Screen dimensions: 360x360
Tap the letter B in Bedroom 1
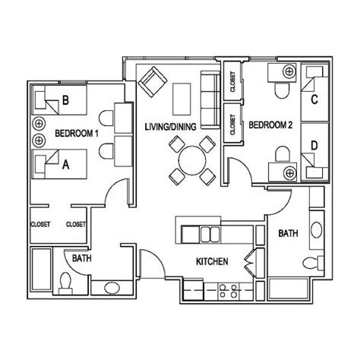66,98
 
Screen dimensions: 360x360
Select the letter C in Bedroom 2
313,96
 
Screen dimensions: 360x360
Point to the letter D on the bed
313,144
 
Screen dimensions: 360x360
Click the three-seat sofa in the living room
209,93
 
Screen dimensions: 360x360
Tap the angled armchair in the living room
152,80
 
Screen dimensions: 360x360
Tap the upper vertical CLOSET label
231,87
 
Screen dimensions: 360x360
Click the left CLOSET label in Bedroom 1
40,224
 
